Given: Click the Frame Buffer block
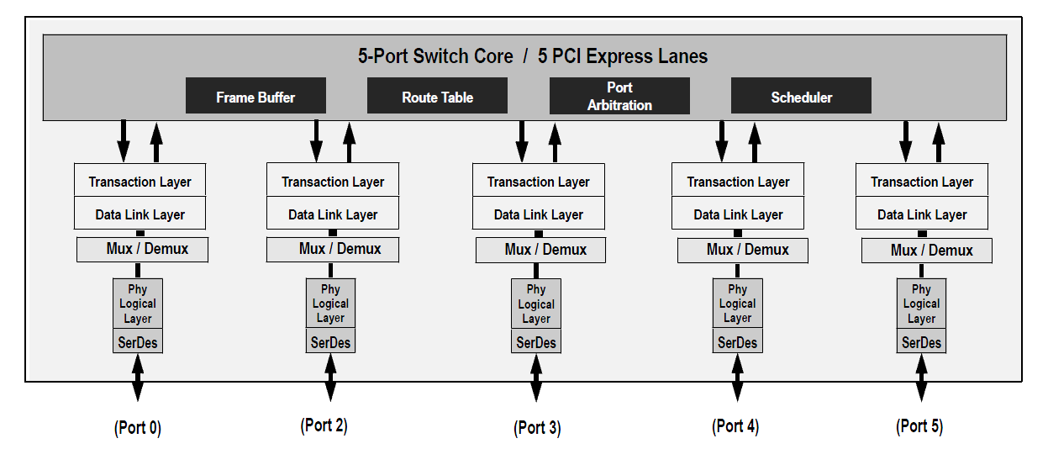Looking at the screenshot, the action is point(255,96).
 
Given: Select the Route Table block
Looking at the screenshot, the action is point(437,96).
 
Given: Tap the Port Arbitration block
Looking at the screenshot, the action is point(619,96).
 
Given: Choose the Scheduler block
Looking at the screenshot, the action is point(801,96).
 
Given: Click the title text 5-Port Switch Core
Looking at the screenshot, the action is point(435,56).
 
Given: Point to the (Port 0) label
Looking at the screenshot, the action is point(138,427).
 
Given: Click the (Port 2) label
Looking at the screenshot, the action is point(324,425).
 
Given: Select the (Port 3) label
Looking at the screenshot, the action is point(537,427).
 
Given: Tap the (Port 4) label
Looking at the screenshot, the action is point(735,426).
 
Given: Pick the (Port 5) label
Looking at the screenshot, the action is point(919,426).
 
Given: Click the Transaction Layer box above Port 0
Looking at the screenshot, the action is point(140,180).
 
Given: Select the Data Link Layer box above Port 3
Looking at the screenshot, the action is point(539,213).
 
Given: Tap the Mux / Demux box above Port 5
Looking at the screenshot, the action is point(927,251).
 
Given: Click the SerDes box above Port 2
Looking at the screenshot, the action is point(331,341).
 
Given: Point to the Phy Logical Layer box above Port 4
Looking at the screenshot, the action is point(738,304).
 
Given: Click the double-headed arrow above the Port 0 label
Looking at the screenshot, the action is point(138,378).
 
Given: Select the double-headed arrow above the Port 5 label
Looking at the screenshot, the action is point(922,378).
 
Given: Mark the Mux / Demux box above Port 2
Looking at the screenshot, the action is point(333,250).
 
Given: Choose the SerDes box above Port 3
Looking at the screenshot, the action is point(536,341).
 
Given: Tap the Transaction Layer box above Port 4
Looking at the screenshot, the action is point(738,179).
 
